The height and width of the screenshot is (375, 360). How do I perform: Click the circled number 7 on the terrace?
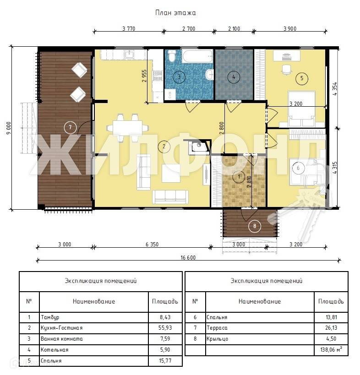tap(71, 127)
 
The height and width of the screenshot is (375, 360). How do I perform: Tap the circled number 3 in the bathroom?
tap(179, 77)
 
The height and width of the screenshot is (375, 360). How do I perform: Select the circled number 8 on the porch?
tap(255, 226)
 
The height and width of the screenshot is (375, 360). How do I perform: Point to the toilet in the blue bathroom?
tap(171, 55)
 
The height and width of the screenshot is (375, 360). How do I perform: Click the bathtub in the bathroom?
tap(197, 56)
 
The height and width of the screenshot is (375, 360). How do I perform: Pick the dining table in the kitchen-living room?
tap(127, 128)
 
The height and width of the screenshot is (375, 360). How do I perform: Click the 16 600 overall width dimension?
tap(188, 258)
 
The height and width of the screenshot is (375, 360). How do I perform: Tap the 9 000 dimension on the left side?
tap(9, 128)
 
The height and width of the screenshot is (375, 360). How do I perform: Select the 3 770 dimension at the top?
tap(129, 29)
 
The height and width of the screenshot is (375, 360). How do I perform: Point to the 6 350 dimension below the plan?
tap(152, 245)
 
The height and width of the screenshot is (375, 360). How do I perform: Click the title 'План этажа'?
tap(175, 13)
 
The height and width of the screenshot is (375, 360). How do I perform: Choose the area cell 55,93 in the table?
tap(165, 328)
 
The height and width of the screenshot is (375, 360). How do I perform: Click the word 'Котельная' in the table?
tap(55, 350)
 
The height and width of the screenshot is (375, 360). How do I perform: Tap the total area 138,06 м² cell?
tap(331, 350)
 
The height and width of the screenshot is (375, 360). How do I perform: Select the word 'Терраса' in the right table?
tap(217, 328)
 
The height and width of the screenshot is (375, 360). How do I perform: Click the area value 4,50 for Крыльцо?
tap(331, 339)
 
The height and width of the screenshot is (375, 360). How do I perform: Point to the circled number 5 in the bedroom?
tap(302, 78)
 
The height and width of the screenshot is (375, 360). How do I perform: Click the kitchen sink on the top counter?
tap(129, 55)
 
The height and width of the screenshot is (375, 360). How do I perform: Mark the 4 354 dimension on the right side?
tap(335, 89)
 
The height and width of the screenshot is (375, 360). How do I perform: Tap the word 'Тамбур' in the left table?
tap(50, 317)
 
